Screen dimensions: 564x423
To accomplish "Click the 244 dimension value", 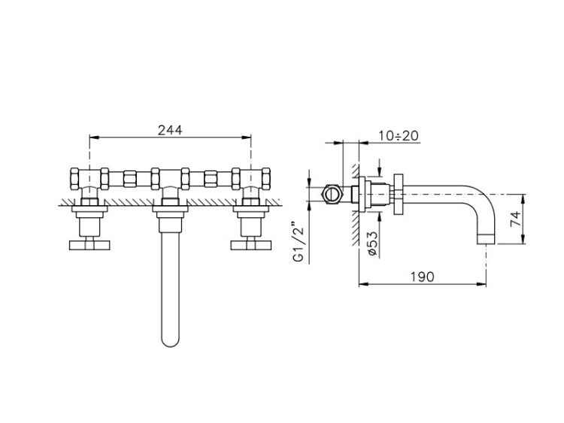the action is coord(170,130).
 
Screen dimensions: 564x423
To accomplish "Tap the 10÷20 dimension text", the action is coord(398,136).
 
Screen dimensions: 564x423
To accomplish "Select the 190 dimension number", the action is coord(423,276).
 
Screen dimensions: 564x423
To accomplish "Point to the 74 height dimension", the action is coord(515,219).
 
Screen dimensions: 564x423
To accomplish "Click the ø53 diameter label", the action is coord(373,243).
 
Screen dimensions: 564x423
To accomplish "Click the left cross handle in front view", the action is coord(89,245).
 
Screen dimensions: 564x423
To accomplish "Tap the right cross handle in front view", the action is coord(250,245).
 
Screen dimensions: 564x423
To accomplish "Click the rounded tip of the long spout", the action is coord(170,343).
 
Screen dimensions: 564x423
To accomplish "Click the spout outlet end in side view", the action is coord(487,239).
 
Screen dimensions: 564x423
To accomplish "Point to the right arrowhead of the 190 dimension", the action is coord(481,284).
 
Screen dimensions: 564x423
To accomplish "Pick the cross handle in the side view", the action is coord(399,195).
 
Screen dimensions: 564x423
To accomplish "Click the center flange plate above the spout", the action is coord(170,208).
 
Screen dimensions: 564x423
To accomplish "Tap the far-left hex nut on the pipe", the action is coord(75,179).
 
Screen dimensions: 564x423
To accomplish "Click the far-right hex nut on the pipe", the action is coord(265,179).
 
